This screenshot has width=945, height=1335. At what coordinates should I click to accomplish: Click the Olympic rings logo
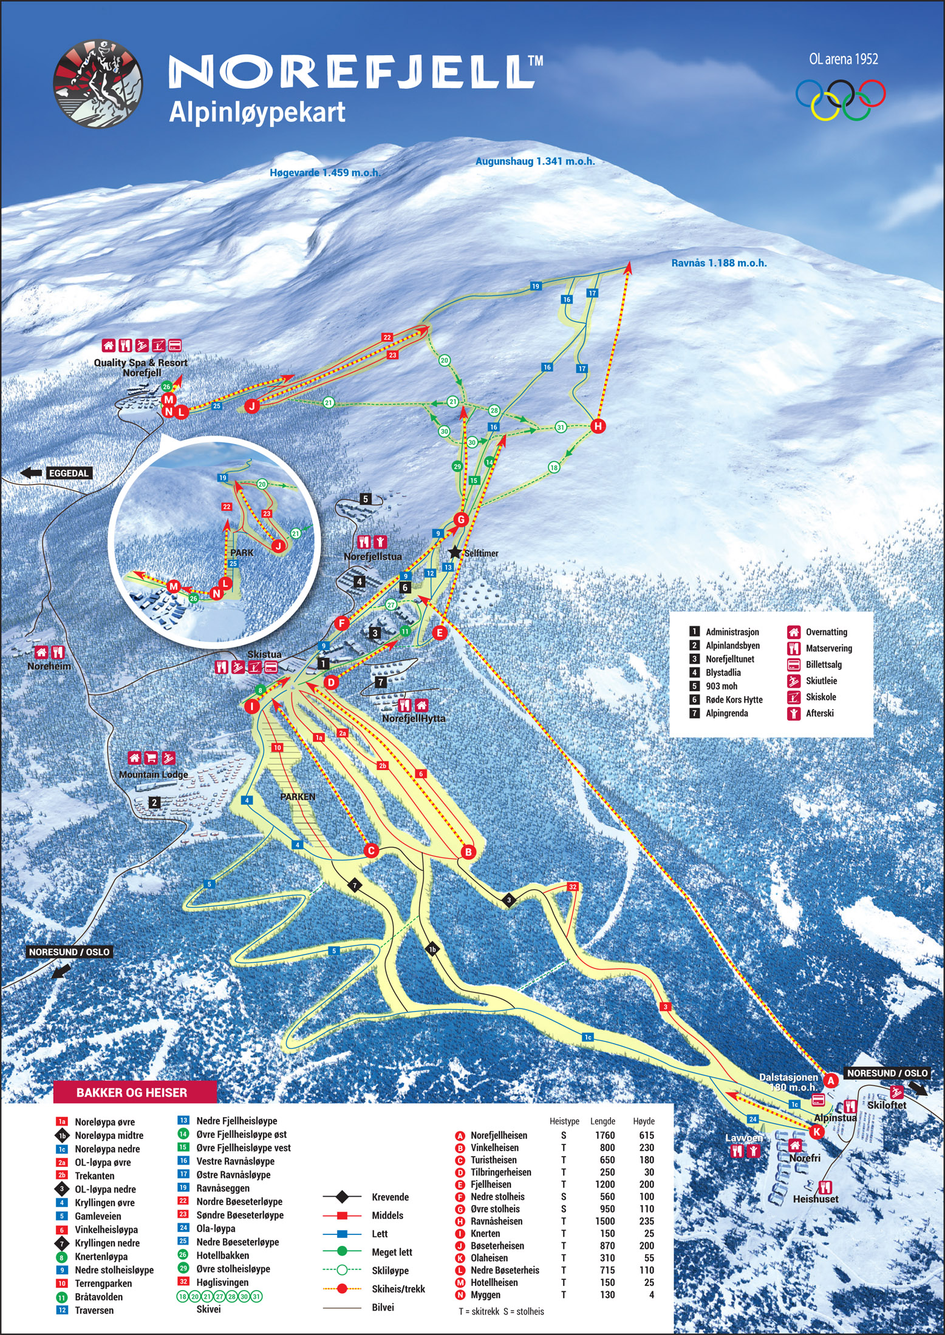841,100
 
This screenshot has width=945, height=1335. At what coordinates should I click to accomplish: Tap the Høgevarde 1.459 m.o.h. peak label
325,173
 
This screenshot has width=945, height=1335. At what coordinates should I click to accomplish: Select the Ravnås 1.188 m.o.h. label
718,263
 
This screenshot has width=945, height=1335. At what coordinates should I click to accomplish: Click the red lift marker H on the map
598,426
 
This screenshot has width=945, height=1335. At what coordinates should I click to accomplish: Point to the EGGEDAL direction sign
69,473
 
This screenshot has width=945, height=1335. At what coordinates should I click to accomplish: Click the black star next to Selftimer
455,552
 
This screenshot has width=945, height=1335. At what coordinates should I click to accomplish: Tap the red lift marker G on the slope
461,519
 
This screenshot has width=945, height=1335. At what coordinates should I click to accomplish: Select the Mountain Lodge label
153,775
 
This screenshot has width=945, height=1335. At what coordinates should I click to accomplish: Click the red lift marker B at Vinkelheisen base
468,852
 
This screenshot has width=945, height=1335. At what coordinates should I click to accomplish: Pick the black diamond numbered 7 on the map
355,886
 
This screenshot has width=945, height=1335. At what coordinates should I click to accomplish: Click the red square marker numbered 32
573,887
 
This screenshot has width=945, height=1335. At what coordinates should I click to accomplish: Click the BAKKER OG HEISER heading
132,1093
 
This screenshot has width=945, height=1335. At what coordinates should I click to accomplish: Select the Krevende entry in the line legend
390,1197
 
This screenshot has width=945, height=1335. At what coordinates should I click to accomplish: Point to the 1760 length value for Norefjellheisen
604,1135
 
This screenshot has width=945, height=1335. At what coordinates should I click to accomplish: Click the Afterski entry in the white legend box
819,714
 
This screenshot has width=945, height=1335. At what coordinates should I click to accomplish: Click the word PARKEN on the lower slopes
298,797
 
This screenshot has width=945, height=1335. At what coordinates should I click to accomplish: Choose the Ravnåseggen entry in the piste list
223,1188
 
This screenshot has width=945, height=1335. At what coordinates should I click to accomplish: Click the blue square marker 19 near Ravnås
535,286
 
